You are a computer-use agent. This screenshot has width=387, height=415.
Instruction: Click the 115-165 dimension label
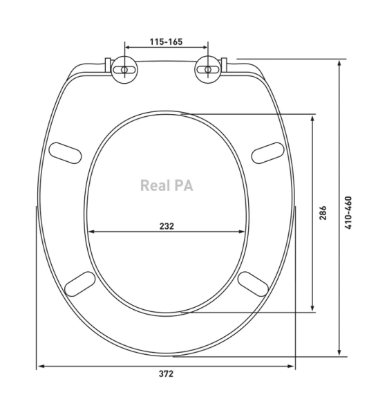point(166,41)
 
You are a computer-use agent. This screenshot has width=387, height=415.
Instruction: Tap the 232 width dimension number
point(167,226)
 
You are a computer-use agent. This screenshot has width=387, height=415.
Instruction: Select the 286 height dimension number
point(323,213)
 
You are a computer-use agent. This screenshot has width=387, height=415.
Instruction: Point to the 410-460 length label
point(348,212)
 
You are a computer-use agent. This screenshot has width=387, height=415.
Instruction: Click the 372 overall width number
point(166,373)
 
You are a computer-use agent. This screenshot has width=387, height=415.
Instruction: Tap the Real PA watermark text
point(167,185)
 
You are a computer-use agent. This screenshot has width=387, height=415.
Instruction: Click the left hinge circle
point(124,70)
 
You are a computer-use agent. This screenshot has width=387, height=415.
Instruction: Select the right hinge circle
point(208,70)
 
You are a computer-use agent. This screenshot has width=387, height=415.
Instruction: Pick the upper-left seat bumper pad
point(65,153)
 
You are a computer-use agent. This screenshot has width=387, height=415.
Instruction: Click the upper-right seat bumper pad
point(267,153)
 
